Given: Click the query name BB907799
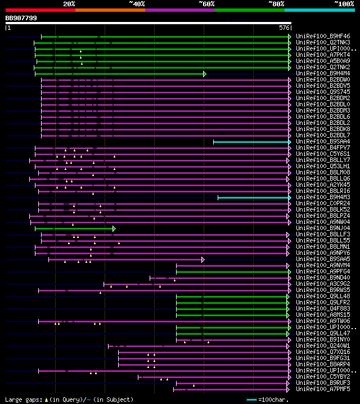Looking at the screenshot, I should coord(21,18).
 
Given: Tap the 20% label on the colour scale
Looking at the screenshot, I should coord(69,4).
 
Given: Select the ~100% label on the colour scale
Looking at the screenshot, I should coord(344,4).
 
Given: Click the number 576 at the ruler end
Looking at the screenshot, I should coord(285,27).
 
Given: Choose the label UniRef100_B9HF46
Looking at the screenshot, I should coord(322,37).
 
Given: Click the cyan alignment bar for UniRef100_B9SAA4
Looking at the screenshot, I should coord(250,142).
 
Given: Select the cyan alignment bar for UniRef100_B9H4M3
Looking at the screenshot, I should coord(253,197).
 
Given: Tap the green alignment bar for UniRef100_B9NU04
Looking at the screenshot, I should coord(73,228).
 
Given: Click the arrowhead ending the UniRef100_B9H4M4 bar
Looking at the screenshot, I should coord(205,74).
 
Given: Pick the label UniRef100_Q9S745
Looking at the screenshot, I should coord(322,92).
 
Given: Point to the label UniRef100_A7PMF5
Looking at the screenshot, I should coord(322,389).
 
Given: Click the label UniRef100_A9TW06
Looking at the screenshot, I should coord(322,321).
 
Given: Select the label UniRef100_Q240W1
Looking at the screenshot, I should coord(322,346).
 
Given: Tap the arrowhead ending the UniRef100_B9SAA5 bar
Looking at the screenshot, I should coord(203,259).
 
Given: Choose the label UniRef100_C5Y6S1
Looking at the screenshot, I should coord(322,154).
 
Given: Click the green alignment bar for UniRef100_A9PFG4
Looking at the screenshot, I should coord(231,272).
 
